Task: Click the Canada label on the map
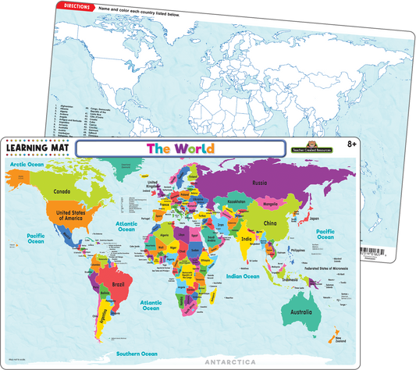[x=62, y=191]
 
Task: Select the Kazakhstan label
[x=239, y=201]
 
